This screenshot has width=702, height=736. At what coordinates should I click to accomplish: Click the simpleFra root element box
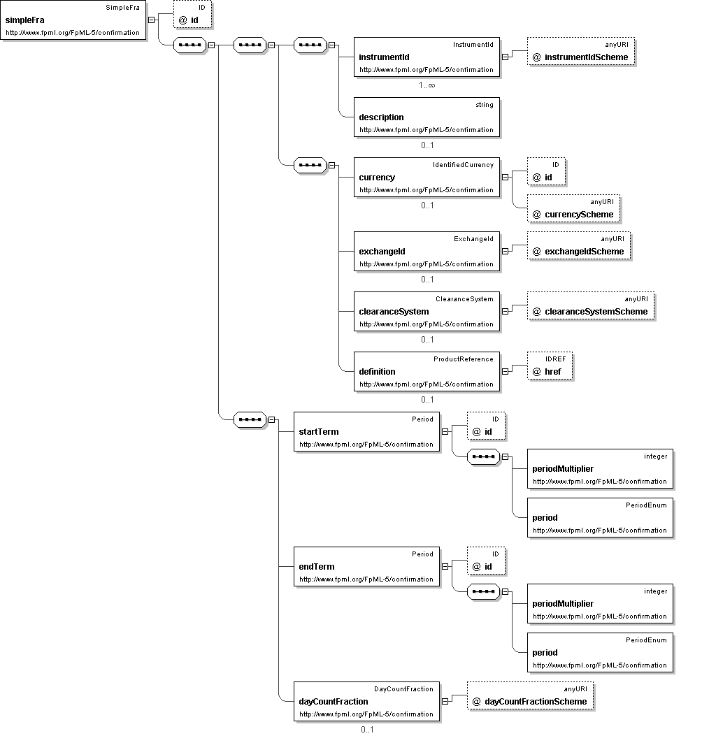[x=73, y=20]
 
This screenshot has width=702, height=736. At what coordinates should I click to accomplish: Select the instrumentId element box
[x=427, y=57]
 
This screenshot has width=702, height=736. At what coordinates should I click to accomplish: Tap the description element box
[x=427, y=117]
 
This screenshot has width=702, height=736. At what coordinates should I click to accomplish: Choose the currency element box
[x=427, y=177]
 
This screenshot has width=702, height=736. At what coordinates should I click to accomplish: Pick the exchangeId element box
[x=427, y=251]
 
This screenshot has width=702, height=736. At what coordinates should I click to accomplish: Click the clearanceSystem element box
[x=427, y=311]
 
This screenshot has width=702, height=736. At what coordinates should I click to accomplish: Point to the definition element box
[x=427, y=371]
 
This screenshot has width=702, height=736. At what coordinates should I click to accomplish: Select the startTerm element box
[x=366, y=431]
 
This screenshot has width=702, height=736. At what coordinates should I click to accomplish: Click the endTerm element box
[x=366, y=567]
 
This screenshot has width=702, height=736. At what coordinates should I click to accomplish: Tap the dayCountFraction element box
[x=366, y=701]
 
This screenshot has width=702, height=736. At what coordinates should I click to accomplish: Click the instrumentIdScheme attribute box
[x=581, y=52]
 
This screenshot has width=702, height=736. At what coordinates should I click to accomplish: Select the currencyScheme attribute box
[x=573, y=209]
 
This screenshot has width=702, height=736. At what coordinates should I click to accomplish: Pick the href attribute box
[x=550, y=366]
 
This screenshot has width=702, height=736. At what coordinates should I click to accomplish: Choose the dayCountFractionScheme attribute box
[x=530, y=696]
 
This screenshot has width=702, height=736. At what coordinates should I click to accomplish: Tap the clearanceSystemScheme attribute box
[x=591, y=306]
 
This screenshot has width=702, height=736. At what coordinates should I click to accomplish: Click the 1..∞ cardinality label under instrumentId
[x=427, y=85]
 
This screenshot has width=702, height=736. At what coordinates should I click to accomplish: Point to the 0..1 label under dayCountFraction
[x=367, y=730]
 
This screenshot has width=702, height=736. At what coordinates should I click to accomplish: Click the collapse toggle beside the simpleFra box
[x=151, y=20]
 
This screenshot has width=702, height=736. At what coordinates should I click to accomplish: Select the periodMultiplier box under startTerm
[x=600, y=468]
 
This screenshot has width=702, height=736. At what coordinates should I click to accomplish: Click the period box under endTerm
[x=600, y=652]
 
